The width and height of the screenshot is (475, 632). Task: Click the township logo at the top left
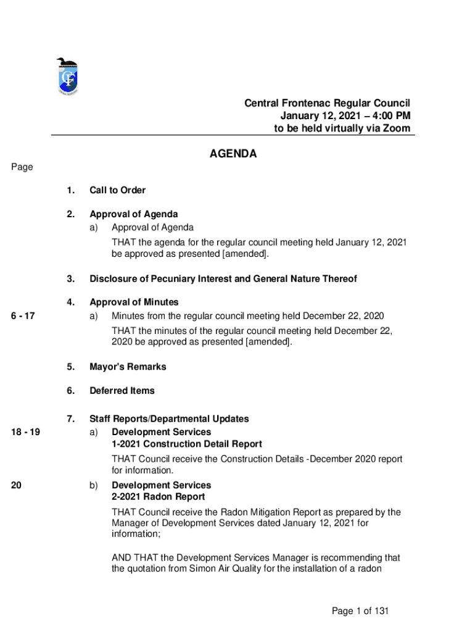67,77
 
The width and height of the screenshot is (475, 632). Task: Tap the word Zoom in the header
396,129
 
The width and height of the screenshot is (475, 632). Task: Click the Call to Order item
117,190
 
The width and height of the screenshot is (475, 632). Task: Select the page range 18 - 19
25,432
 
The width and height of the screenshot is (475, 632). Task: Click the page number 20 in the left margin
17,485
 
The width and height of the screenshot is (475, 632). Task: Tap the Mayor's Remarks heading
128,367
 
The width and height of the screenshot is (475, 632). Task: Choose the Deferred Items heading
122,391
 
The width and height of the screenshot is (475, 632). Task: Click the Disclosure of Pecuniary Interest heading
223,279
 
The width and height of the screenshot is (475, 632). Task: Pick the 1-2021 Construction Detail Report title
186,444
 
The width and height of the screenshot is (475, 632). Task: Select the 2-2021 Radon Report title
158,497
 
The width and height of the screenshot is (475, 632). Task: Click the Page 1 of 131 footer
360,611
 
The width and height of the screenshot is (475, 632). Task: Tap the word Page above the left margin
22,167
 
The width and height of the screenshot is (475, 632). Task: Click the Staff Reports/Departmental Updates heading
169,419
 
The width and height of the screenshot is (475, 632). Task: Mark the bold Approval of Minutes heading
134,302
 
